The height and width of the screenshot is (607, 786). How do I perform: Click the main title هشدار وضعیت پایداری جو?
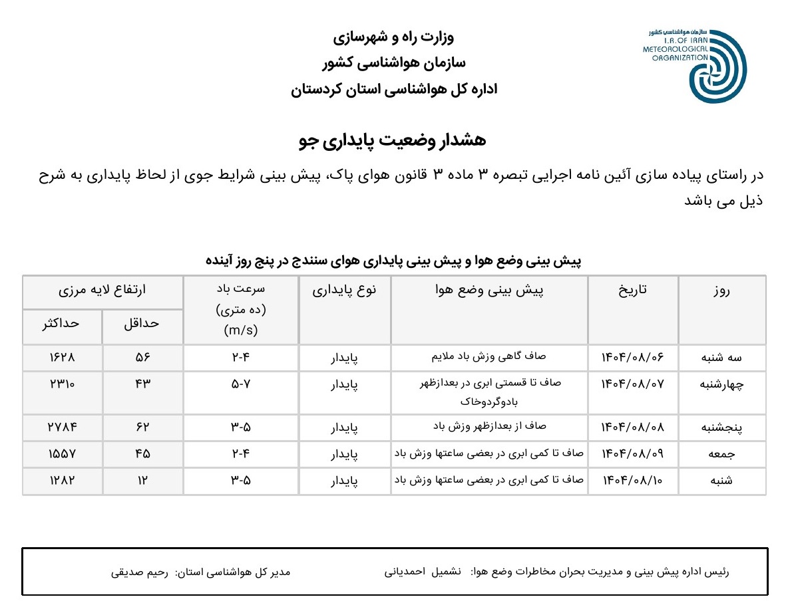pyautogui.click(x=393, y=140)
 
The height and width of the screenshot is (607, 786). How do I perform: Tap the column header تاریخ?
pyautogui.click(x=633, y=291)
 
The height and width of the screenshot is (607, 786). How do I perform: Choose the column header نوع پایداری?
pyautogui.click(x=345, y=291)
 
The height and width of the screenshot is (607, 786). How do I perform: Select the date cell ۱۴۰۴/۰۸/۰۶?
pyautogui.click(x=633, y=358)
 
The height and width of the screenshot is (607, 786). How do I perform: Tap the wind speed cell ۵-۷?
pyautogui.click(x=240, y=384)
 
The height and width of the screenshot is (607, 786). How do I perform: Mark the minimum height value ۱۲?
pyautogui.click(x=143, y=481)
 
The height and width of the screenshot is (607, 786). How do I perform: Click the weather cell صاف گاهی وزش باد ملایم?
pyautogui.click(x=489, y=356)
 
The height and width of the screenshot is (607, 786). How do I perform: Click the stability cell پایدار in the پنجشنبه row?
pyautogui.click(x=345, y=427)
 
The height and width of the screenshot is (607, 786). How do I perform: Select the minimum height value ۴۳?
pyautogui.click(x=143, y=384)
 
